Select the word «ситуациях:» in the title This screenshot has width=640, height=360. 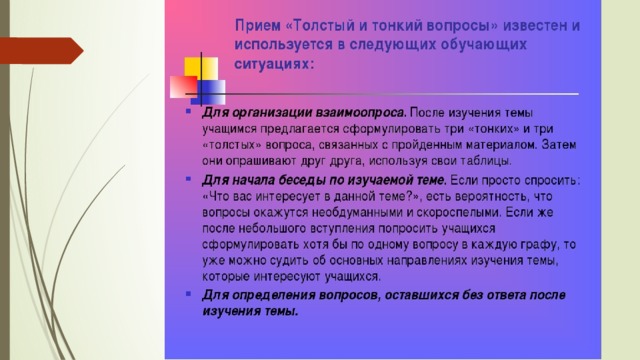(274, 64)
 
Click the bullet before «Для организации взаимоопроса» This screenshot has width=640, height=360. (188, 111)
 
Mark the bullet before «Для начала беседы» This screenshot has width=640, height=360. (188, 178)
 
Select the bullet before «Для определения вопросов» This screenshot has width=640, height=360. (188, 293)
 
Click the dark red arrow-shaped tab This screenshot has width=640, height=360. (41, 51)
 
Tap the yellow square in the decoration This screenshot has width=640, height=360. (201, 68)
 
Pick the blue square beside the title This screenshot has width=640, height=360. (209, 91)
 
